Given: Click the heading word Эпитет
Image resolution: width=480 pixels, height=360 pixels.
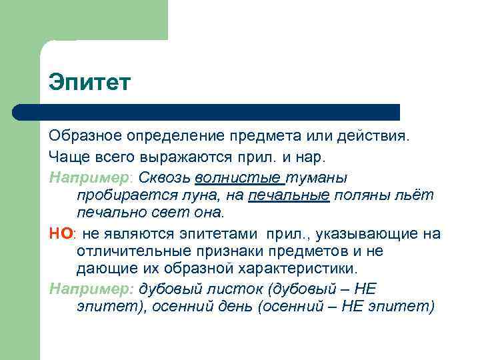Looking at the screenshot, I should point(90,84).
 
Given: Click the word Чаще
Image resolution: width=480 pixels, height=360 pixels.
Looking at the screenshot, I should point(67,157).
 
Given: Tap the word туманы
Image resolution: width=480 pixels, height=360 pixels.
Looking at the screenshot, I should point(317,177).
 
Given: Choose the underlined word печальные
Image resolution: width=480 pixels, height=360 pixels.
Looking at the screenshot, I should point(289,195).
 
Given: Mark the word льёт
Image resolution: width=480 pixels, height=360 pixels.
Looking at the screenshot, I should point(417,195).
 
